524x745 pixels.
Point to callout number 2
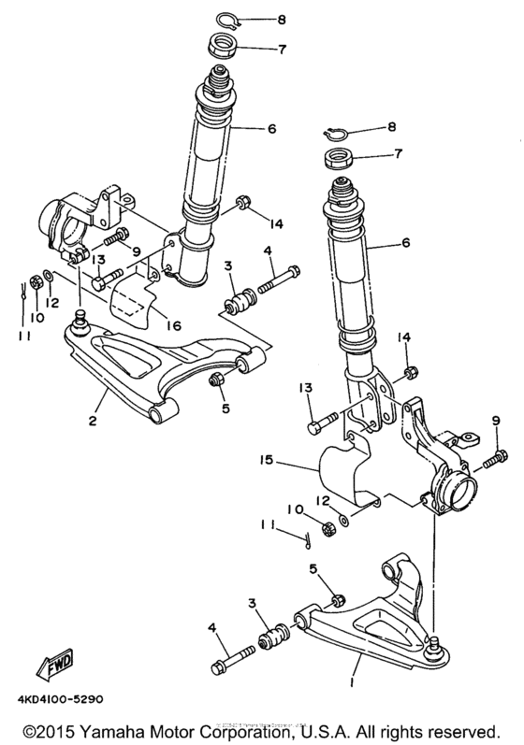[92, 422]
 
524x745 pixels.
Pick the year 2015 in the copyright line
[53, 728]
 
